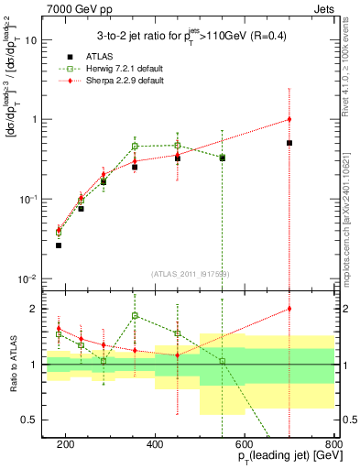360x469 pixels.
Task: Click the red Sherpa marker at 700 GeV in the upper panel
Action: coord(289,119)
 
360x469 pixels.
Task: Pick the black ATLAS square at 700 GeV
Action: coord(289,143)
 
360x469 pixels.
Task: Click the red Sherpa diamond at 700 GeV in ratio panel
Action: coord(289,309)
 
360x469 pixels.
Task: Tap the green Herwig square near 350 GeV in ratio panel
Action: coord(135,316)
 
